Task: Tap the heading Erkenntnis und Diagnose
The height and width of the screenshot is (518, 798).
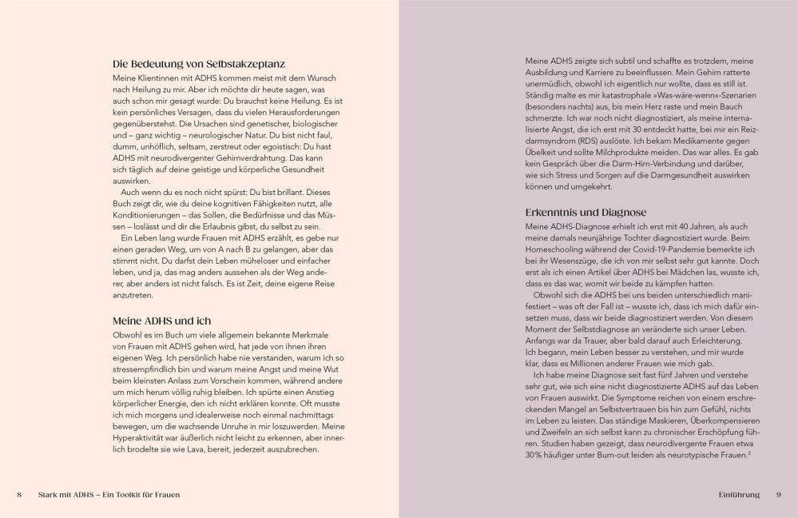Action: click(586, 213)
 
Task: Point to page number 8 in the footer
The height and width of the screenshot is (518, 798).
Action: click(19, 495)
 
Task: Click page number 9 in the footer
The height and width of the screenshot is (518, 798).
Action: click(778, 495)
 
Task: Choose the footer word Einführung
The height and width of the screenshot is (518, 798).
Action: click(738, 495)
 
